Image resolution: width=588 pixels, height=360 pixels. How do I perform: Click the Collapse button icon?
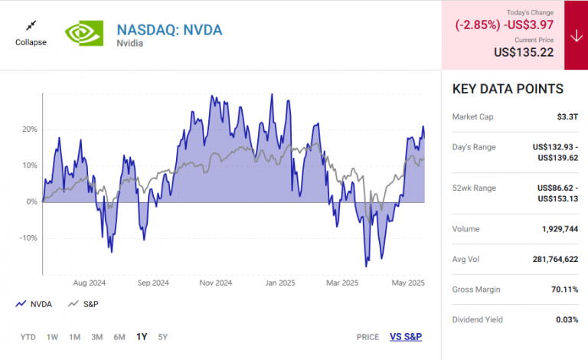pos(31,25)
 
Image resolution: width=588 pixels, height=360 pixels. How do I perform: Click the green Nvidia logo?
pos(84,33)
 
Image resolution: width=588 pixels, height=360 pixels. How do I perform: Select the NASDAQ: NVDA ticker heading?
pos(169,30)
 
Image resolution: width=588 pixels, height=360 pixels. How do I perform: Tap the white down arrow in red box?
pos(576,35)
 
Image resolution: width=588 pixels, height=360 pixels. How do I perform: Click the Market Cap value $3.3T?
pos(567,117)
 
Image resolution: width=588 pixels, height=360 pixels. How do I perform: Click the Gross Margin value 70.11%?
pos(562,289)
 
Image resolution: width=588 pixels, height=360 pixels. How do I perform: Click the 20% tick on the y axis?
pos(28,129)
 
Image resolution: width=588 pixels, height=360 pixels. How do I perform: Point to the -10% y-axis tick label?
pos(27,237)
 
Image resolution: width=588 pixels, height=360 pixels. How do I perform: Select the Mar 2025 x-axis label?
pos(342,283)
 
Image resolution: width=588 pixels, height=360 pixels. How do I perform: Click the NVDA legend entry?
pos(34,304)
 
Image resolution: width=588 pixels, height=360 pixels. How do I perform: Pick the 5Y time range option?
pos(163,337)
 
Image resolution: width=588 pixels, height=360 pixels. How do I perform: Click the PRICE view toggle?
pos(367,337)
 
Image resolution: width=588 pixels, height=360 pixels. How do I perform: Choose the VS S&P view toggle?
pos(406,337)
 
